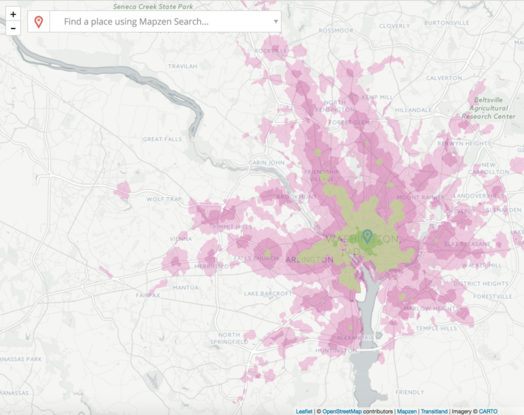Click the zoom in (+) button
pyautogui.click(x=13, y=14)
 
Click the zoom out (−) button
pyautogui.click(x=13, y=29)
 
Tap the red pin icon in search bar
pyautogui.click(x=39, y=22)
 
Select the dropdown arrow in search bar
pyautogui.click(x=276, y=22)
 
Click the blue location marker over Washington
pyautogui.click(x=367, y=236)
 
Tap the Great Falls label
pyautogui.click(x=162, y=139)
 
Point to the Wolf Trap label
pyautogui.click(x=162, y=199)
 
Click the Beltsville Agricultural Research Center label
pyautogui.click(x=489, y=108)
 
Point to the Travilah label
pyautogui.click(x=181, y=66)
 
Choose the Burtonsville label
pyautogui.click(x=447, y=23)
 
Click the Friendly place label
pyautogui.click(x=409, y=392)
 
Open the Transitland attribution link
pyautogui.click(x=434, y=411)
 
